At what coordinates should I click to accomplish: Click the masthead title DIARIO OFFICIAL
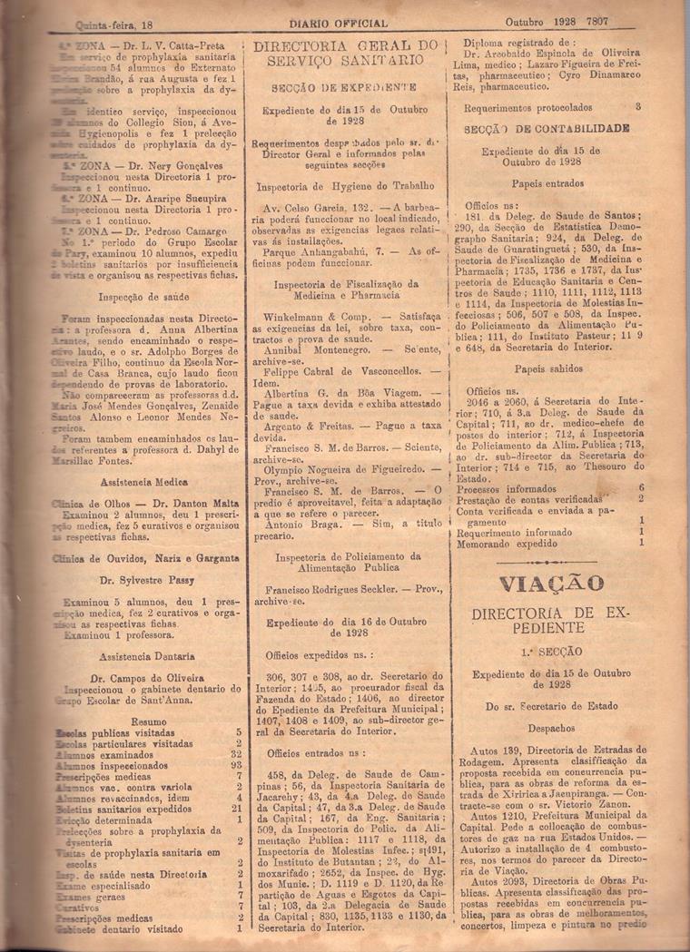pyautogui.click(x=339, y=23)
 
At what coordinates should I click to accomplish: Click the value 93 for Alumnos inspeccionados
pyautogui.click(x=235, y=765)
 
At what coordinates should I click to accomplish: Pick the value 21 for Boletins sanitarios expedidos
pyautogui.click(x=236, y=808)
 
